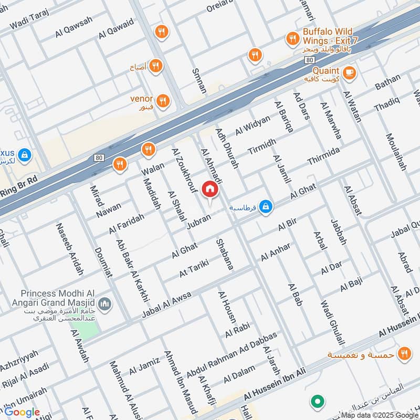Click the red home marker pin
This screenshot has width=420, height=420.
[x=210, y=190]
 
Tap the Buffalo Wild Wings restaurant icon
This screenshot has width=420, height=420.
[x=292, y=38]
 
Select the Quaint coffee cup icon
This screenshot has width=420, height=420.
[x=349, y=72]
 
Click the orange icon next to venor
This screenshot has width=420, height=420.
[x=163, y=100]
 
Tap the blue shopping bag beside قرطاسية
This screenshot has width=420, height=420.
[x=266, y=207]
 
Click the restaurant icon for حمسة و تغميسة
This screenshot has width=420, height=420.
[x=404, y=353]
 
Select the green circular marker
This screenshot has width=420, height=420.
[x=317, y=403]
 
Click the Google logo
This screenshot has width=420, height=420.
[x=22, y=412]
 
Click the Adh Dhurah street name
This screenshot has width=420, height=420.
[x=227, y=150]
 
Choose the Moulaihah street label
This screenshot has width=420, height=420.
[x=396, y=152]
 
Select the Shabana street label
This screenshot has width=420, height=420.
[x=225, y=255]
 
